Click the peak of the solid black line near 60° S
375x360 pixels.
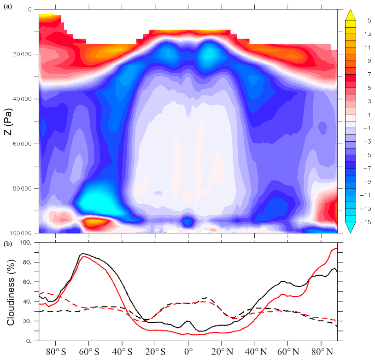coord(82,254)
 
